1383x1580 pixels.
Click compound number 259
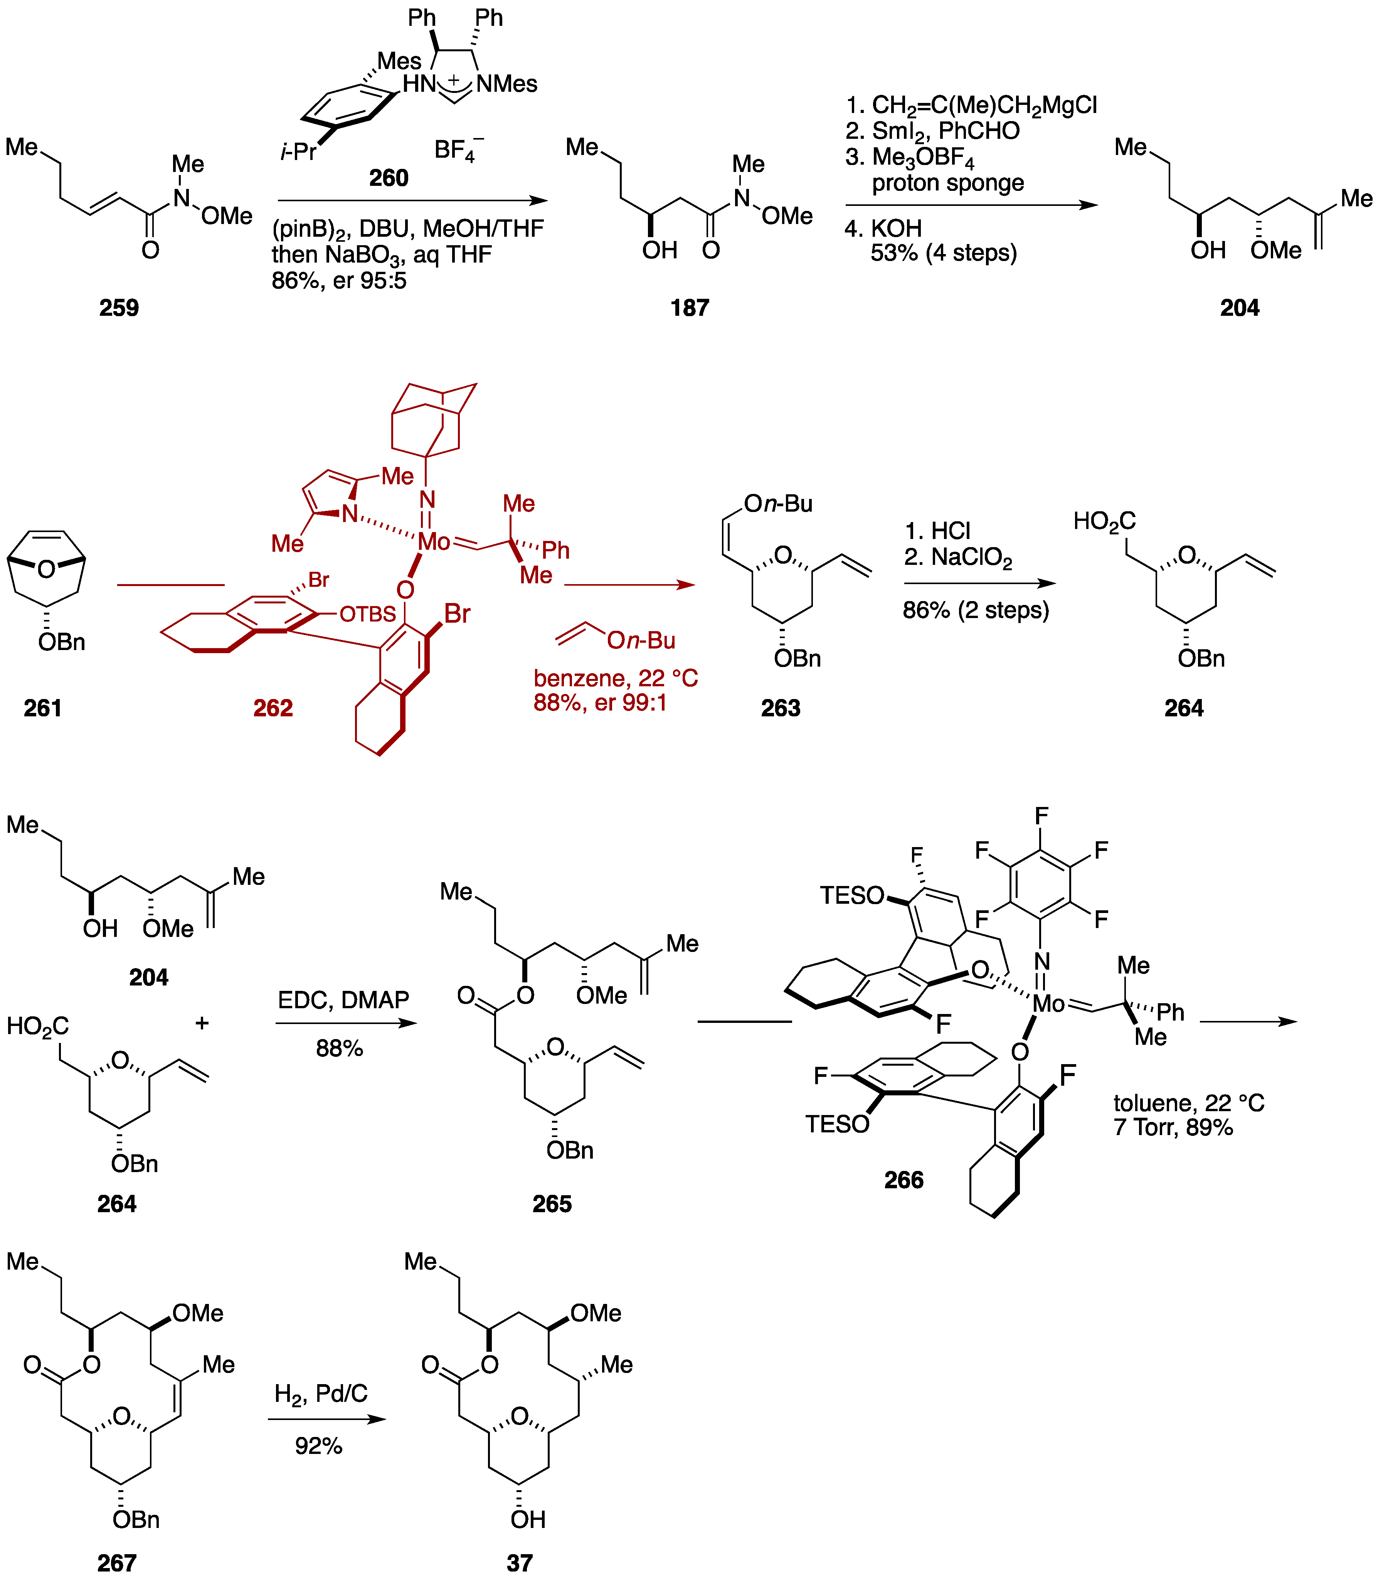tap(119, 308)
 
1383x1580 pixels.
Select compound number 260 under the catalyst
tap(388, 178)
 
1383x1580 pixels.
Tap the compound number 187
tap(689, 308)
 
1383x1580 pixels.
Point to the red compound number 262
tap(273, 708)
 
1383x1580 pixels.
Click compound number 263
tap(780, 708)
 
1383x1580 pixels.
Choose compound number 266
tap(904, 1179)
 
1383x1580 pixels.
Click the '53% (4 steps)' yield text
tap(943, 253)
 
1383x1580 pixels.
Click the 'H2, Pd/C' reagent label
tap(321, 1394)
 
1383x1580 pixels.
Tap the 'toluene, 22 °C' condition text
tap(1188, 1103)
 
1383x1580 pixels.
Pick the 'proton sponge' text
tap(948, 183)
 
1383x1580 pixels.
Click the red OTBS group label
tap(367, 615)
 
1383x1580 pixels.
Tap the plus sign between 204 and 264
tap(202, 1024)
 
